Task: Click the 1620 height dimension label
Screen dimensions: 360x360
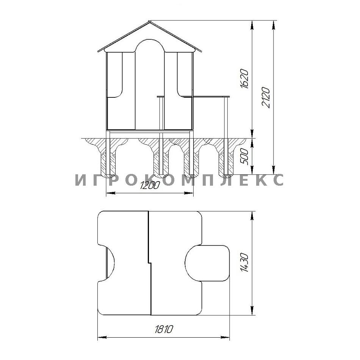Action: coord(244,79)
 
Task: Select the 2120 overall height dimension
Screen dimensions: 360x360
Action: coord(266,97)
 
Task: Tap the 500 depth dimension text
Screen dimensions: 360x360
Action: coord(244,157)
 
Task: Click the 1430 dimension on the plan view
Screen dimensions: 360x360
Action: coord(244,263)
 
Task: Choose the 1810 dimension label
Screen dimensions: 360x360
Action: coord(163,329)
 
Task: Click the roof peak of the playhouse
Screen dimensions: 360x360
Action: coord(149,21)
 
